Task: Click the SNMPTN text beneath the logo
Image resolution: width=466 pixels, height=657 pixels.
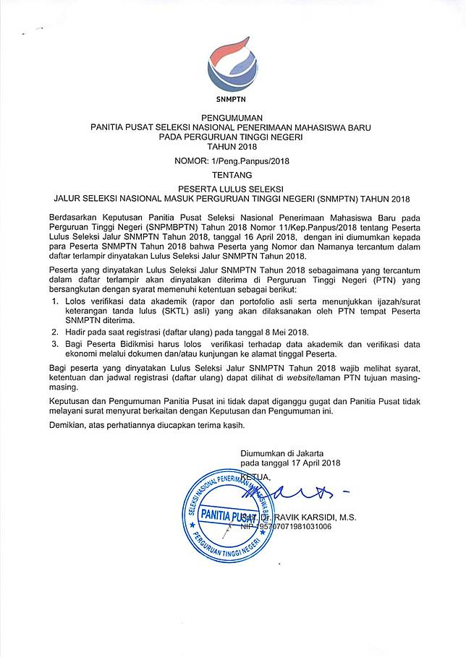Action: [232, 100]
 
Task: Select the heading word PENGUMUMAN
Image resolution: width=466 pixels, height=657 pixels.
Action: [232, 117]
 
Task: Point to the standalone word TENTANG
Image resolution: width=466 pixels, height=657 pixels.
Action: [232, 175]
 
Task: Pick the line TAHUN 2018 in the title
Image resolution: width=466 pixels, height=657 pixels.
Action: [232, 147]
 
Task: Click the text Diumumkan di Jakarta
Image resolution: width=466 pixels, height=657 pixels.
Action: [282, 452]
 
